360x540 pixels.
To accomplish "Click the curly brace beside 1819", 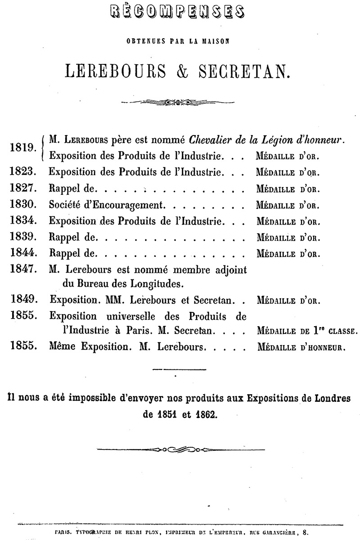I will click(42, 148).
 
